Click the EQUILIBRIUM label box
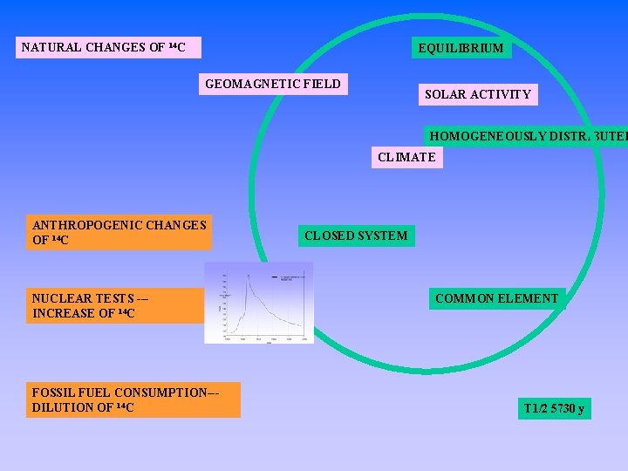point(461,48)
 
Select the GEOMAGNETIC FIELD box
point(273,85)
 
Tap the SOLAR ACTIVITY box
point(477,94)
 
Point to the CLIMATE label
point(406,158)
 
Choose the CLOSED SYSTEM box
point(355,235)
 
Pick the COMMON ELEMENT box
point(496,298)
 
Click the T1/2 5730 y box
point(554,408)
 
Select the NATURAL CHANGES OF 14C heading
point(108,47)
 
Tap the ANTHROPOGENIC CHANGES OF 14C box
point(119,232)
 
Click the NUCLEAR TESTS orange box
point(114,305)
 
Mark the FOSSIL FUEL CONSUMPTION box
point(133,399)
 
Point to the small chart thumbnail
point(259,303)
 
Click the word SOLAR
point(446,94)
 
